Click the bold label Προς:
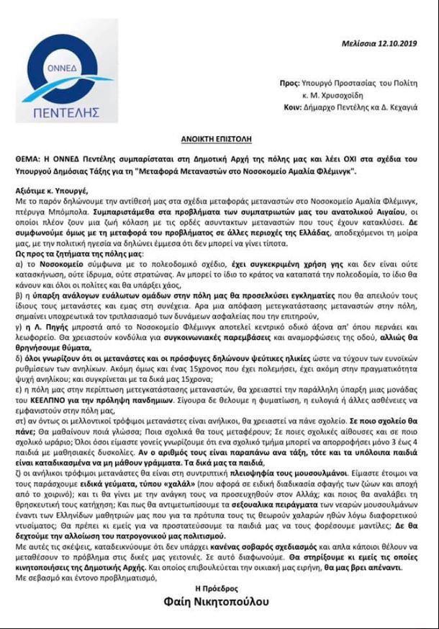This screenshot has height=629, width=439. pos(289,84)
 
